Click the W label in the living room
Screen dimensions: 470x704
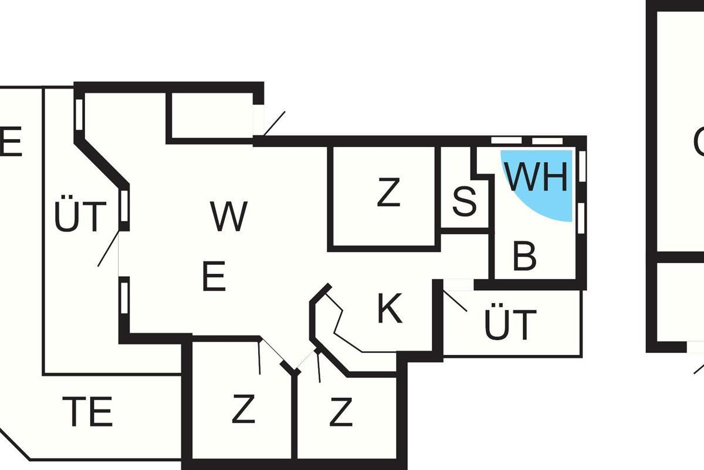[229, 216]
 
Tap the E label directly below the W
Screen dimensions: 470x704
[214, 277]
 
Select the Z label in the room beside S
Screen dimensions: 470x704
[388, 193]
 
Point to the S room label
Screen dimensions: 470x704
[465, 201]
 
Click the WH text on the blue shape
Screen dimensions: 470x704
[537, 176]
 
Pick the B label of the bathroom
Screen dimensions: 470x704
[524, 256]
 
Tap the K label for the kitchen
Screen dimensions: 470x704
[390, 308]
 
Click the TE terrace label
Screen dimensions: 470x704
[87, 412]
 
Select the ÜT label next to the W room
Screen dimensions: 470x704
[80, 216]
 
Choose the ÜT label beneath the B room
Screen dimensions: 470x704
[510, 324]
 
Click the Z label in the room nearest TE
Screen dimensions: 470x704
[243, 409]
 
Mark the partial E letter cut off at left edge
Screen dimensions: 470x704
[11, 142]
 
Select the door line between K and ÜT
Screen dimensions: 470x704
[455, 300]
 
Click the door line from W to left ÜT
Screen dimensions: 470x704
[109, 249]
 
